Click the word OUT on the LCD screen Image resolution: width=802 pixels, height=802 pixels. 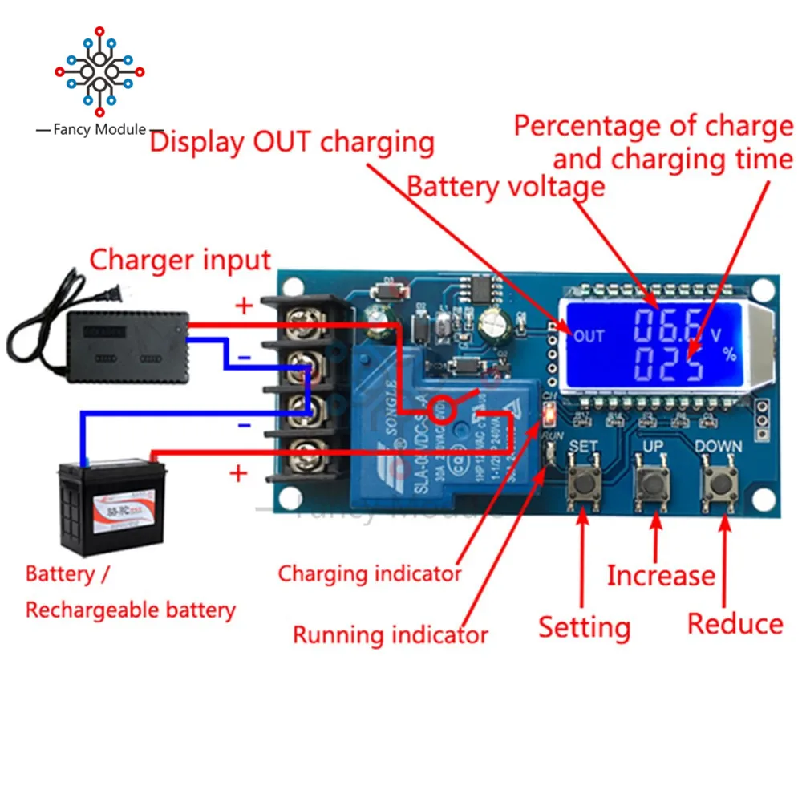[x=589, y=336]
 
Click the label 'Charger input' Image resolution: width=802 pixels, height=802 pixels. [x=180, y=260]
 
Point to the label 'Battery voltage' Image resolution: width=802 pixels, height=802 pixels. [x=506, y=187]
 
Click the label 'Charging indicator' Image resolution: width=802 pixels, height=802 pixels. [x=370, y=573]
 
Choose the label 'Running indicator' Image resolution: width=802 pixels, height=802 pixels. [x=390, y=635]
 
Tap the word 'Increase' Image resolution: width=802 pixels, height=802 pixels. [x=660, y=575]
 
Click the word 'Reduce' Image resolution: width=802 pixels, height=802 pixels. [x=735, y=624]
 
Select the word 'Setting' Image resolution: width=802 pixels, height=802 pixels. [x=584, y=626]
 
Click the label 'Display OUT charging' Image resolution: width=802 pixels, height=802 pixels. [x=292, y=143]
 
